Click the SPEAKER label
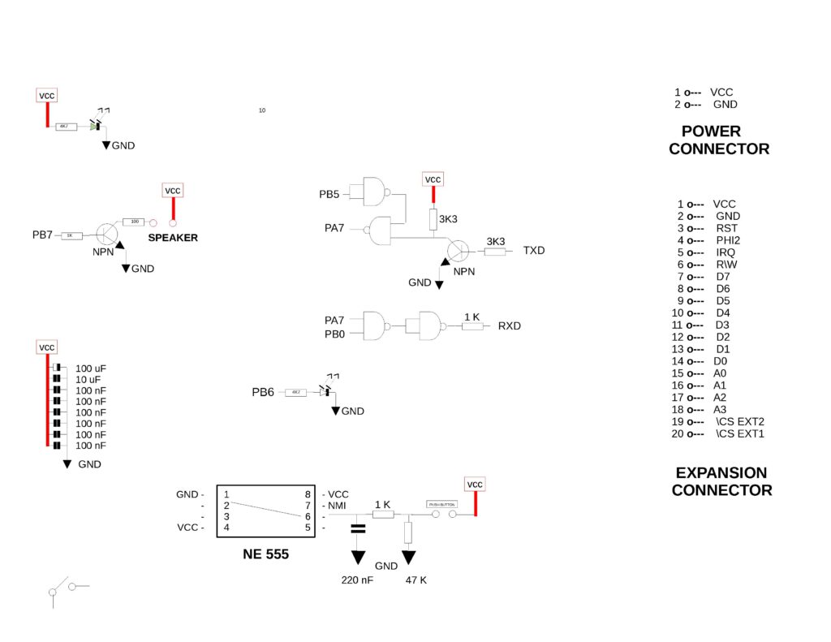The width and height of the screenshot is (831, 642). coord(172,238)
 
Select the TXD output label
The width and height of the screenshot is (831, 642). coord(534,250)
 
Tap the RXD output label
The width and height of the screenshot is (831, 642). coord(510,326)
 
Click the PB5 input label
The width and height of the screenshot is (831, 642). coord(329,195)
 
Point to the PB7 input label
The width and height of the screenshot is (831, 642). coord(42,235)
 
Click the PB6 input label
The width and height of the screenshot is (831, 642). coord(262,392)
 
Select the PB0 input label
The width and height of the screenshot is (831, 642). coord(334,334)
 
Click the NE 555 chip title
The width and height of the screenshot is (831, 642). coord(265,555)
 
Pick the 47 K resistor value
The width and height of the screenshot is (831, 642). coord(416,580)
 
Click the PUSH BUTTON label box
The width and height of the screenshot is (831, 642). coord(442,504)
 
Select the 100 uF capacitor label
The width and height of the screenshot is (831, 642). coord(91,368)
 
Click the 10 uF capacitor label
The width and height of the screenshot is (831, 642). coord(88,380)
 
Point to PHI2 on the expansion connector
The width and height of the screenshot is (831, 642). coord(728,240)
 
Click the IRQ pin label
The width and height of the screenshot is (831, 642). coord(726,252)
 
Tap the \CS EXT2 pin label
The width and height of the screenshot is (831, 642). coord(740,422)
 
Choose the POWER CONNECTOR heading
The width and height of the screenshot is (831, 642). coord(719,140)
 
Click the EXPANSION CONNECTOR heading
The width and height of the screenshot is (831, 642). coord(721,481)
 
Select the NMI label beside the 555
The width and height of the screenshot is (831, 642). coord(337,506)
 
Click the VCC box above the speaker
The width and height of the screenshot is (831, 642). coord(173,191)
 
